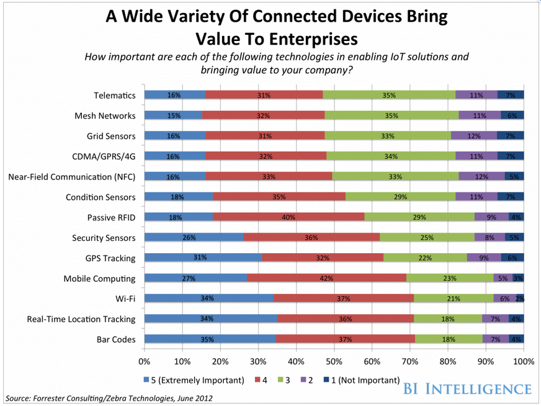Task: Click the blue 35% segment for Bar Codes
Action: coord(210,339)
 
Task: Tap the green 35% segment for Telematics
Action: coord(389,95)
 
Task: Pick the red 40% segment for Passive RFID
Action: coord(288,217)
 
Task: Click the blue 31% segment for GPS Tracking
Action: coord(203,258)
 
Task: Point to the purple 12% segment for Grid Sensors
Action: coord(474,136)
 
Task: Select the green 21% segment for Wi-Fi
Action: coord(454,298)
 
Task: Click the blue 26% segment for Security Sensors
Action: coord(194,237)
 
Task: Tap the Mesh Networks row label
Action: coord(105,115)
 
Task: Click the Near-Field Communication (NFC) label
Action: coord(72,176)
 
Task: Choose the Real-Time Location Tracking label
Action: coord(81,319)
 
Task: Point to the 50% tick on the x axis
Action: coord(334,361)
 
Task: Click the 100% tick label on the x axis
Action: coord(524,361)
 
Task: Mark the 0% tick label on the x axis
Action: coord(145,361)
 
